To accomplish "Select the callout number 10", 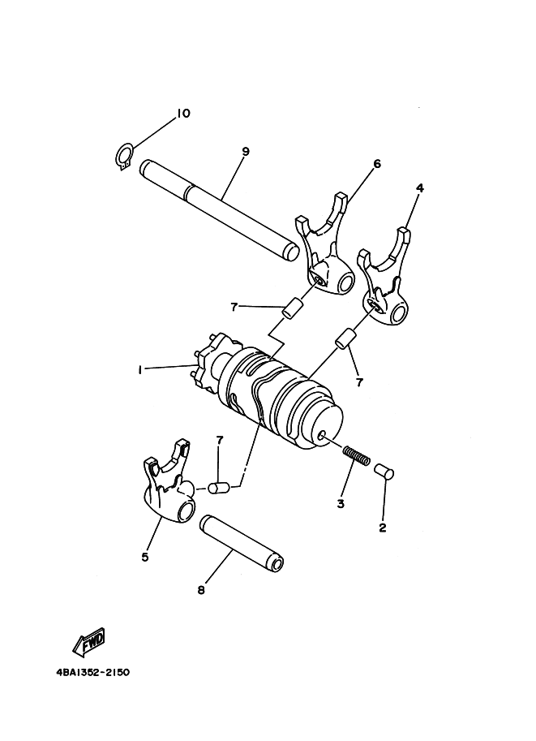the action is coord(183,114).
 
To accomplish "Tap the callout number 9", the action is coord(245,152).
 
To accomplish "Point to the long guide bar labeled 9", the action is coord(220,209).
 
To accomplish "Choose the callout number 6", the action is coord(376,164).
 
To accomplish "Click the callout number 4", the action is coord(419,188).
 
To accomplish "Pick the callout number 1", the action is coord(139,370).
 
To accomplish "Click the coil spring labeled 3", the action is coord(357,455).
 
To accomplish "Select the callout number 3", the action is coord(341,504).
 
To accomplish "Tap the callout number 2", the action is coord(383,528).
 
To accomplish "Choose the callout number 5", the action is coord(144,557).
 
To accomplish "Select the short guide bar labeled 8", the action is coord(242,541).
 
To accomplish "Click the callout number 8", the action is coord(201,590).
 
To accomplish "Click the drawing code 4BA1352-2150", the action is coord(92,672).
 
